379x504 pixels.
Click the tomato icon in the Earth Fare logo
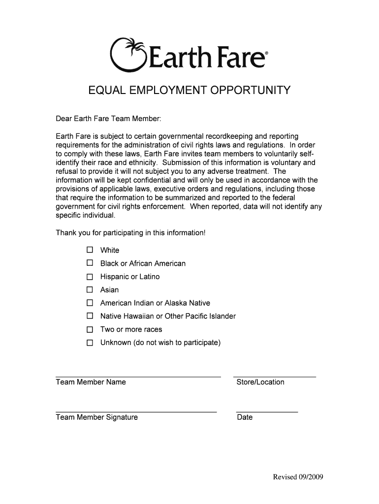(x=128, y=54)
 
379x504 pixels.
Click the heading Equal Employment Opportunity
(x=189, y=91)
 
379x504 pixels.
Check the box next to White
(x=90, y=250)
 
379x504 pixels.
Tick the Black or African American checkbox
(x=90, y=263)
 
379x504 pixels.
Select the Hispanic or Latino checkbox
(x=90, y=276)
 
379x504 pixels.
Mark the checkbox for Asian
(x=90, y=289)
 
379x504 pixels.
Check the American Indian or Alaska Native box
(x=90, y=303)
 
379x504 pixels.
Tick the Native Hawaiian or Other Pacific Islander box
(x=90, y=316)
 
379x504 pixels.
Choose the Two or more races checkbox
(x=90, y=329)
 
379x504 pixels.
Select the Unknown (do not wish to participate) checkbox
(x=90, y=343)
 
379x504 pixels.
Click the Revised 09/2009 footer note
(x=298, y=477)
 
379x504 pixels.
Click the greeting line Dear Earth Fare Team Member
(x=108, y=119)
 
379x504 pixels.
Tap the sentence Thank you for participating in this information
(x=130, y=232)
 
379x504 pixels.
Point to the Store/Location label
(x=260, y=382)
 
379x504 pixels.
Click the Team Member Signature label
(x=97, y=417)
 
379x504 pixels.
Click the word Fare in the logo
(x=240, y=58)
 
